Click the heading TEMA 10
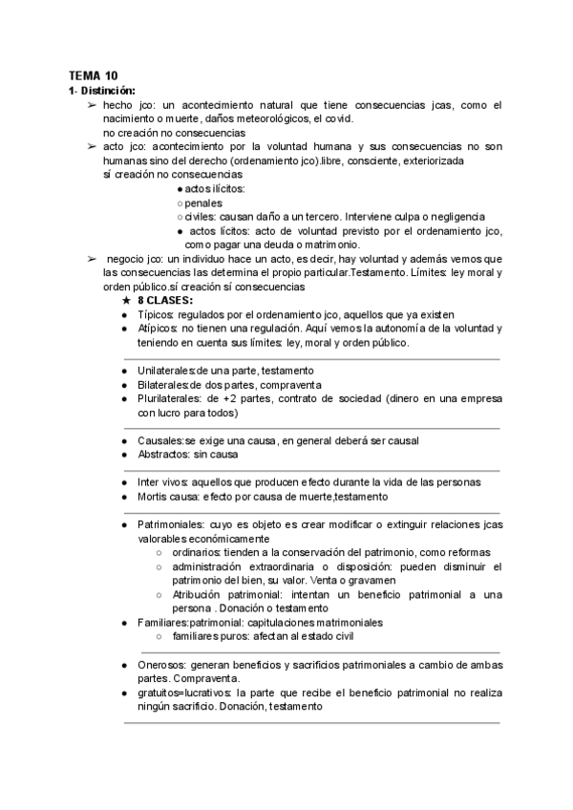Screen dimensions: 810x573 point(93,75)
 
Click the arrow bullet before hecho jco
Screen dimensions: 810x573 point(92,105)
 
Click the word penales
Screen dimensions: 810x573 point(203,203)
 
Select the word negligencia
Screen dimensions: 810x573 point(453,217)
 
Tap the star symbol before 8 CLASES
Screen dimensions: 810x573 point(125,301)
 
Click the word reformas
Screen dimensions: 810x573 point(467,552)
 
